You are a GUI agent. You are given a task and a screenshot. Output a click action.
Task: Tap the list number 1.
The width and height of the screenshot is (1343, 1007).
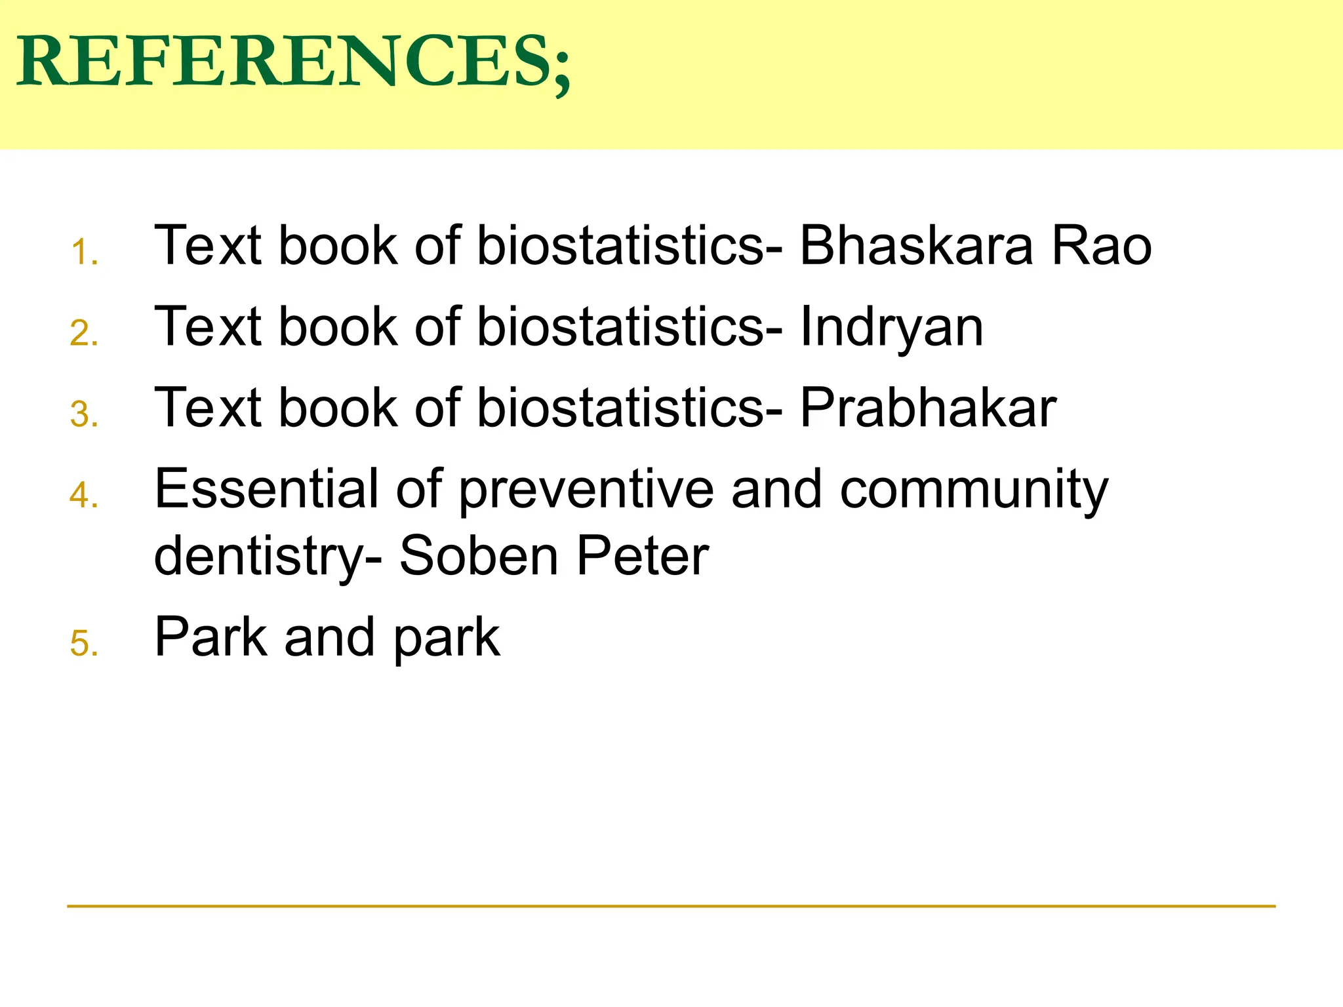pos(83,252)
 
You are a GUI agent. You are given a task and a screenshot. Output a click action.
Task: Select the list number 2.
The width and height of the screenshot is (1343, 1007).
pos(83,334)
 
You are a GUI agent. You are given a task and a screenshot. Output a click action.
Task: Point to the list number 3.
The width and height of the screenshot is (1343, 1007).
pos(83,415)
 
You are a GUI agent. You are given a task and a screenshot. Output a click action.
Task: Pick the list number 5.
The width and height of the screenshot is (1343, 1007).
pos(83,643)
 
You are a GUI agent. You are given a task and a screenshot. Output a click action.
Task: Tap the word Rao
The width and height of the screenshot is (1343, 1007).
pos(1102,246)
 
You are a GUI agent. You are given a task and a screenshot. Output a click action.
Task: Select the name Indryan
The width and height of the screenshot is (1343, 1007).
pos(891,328)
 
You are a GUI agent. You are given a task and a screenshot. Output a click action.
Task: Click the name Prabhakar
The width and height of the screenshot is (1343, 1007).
pos(928,408)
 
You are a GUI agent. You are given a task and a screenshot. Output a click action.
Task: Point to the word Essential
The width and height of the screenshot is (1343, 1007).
pos(266,488)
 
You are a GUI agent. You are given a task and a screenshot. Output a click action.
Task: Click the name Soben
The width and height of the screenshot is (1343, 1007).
pos(478,556)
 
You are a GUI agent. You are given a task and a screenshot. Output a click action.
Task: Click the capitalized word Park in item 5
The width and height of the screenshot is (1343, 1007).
pos(210,637)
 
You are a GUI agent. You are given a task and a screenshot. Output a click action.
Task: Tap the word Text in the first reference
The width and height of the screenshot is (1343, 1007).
pos(209,246)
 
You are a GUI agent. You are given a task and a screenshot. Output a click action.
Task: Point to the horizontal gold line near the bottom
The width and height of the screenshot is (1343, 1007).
pos(671,906)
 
